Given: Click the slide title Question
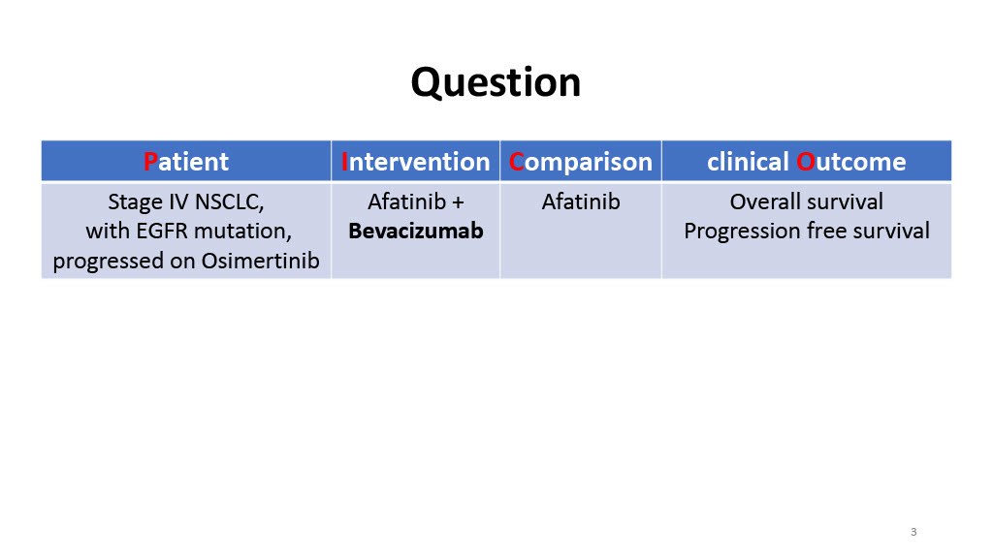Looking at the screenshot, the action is (x=496, y=83).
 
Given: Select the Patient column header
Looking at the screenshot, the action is (x=186, y=162).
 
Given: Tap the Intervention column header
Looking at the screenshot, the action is (x=415, y=162).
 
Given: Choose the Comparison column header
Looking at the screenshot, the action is (x=581, y=162).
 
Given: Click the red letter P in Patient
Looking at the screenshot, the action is (x=150, y=162).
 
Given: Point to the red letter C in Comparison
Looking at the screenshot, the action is (x=516, y=162).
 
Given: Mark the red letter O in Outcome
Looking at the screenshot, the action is (x=805, y=162).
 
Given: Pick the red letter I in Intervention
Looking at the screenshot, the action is (x=344, y=162).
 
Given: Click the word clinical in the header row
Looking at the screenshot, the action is (x=748, y=162).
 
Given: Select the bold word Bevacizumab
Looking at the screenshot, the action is (x=415, y=231).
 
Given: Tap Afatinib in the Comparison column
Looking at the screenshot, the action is (x=581, y=201).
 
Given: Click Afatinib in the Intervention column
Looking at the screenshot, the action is (x=406, y=201).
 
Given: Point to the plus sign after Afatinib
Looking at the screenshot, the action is (x=458, y=202).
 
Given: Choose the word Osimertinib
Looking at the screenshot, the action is (x=260, y=261).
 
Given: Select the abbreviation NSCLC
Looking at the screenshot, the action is (x=229, y=202).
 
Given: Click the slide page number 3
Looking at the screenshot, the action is (x=913, y=532).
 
